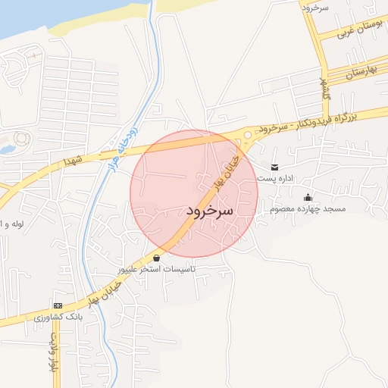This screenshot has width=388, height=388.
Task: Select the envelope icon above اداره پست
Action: pos(274,167)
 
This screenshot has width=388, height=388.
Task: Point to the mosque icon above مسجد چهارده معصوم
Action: pos(307,199)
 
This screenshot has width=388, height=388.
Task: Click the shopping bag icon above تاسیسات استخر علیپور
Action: pos(156,258)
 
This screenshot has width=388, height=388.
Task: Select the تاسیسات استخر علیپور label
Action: pos(156,269)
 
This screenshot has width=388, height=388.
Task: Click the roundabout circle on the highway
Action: pos(247,136)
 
